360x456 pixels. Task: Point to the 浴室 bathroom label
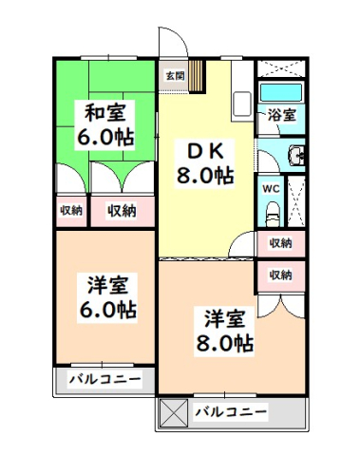pyautogui.click(x=280, y=115)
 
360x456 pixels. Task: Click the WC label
pyautogui.click(x=270, y=187)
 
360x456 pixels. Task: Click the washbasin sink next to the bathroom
pyautogui.click(x=295, y=157)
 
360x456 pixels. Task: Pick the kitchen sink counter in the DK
pyautogui.click(x=241, y=100)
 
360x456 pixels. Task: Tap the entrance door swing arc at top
pyautogui.click(x=171, y=43)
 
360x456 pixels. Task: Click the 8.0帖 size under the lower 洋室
pyautogui.click(x=225, y=342)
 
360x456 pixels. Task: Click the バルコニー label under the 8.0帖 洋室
pyautogui.click(x=231, y=412)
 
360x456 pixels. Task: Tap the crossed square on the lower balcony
pyautogui.click(x=174, y=412)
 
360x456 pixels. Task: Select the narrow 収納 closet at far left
pyautogui.click(x=71, y=211)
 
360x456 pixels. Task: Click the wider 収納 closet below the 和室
pyautogui.click(x=122, y=211)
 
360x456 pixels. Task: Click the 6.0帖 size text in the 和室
pyautogui.click(x=104, y=136)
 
